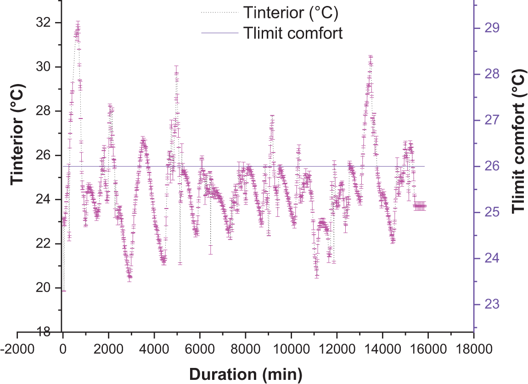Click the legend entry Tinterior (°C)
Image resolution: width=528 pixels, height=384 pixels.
tap(291, 13)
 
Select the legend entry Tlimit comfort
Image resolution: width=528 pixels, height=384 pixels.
tap(294, 33)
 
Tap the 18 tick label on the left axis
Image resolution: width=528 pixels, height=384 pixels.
tap(44, 332)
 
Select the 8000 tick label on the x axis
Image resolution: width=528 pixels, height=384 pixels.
tap(245, 349)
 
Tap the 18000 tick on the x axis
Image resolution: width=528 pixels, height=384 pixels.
tap(473, 349)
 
